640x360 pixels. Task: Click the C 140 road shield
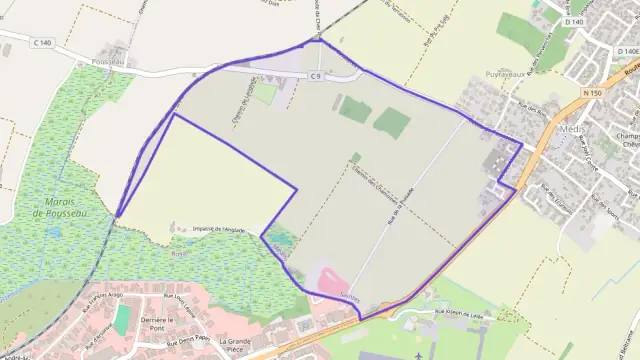click(x=42, y=42)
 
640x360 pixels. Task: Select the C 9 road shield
click(x=315, y=75)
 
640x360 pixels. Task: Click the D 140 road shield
click(x=572, y=21)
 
